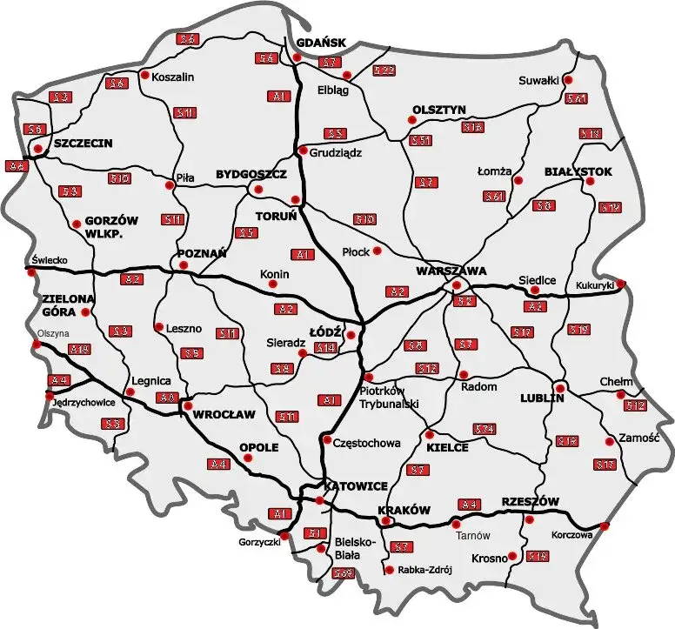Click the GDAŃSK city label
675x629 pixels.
(x=321, y=43)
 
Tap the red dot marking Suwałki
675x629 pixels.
(x=568, y=80)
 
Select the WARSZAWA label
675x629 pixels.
(x=451, y=271)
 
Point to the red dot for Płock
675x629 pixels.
(x=377, y=251)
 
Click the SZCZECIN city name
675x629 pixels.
(x=83, y=144)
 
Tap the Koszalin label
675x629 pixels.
(x=172, y=77)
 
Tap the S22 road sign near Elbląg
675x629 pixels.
(x=384, y=70)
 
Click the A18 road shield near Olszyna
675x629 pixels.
(x=80, y=350)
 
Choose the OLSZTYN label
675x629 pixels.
(x=439, y=110)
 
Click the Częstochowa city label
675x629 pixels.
(x=367, y=443)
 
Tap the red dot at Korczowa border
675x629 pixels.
(x=605, y=525)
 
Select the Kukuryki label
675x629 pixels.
(x=595, y=285)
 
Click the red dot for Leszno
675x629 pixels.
(x=157, y=328)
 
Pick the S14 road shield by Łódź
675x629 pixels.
(x=325, y=349)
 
